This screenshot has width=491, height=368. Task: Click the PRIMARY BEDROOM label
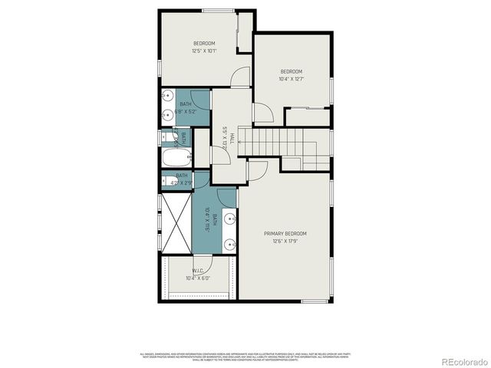point(285,233)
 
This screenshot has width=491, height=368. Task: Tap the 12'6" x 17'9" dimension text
point(285,242)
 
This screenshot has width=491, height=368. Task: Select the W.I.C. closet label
point(197,269)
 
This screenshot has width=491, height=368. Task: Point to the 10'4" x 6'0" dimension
point(197,278)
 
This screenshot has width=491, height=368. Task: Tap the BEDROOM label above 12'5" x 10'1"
point(204,42)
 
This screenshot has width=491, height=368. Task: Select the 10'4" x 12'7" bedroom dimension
point(291,79)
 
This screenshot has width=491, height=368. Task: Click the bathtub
point(176,159)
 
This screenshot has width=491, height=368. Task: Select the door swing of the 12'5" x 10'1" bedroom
point(241,77)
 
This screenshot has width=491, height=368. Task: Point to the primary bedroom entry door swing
point(257,170)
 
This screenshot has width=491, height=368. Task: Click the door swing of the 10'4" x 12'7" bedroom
point(262,113)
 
